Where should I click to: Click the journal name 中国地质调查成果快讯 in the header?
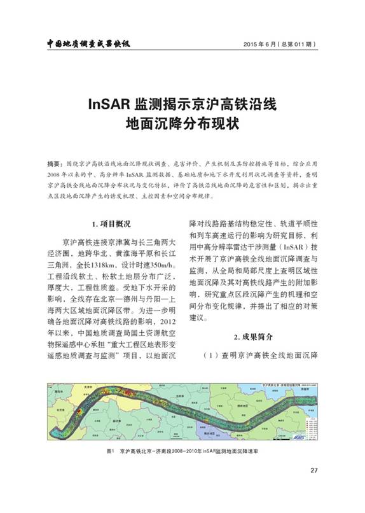(93, 44)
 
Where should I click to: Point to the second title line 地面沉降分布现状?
(182, 123)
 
